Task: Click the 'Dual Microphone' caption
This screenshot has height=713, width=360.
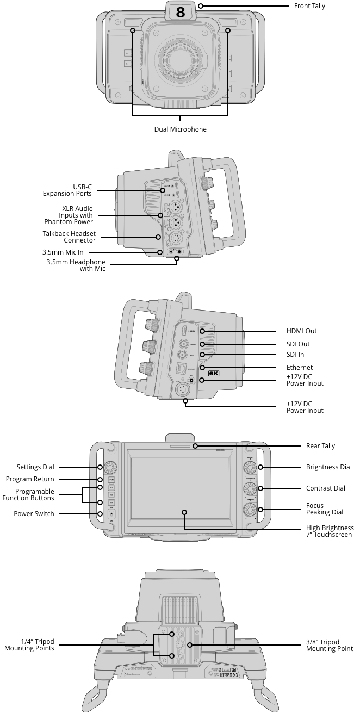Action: tap(181, 129)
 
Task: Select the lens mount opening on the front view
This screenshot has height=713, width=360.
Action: tap(180, 59)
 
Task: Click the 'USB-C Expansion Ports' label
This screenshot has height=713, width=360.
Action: tap(67, 190)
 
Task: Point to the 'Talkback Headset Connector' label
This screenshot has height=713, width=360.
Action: tap(69, 237)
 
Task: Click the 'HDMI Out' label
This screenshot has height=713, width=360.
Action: tap(301, 331)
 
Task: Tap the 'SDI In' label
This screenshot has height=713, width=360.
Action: tap(295, 355)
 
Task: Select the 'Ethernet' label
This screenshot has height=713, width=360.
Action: tap(300, 368)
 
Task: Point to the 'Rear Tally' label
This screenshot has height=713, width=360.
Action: tap(320, 446)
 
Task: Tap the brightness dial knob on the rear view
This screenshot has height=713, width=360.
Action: tap(250, 467)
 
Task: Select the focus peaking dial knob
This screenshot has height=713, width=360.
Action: tap(250, 510)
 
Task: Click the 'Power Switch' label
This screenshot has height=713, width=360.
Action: tap(34, 514)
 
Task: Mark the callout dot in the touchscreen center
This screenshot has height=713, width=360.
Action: tap(185, 512)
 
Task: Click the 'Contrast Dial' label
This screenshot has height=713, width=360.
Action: tap(325, 488)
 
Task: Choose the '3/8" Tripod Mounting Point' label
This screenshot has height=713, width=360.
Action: tap(329, 646)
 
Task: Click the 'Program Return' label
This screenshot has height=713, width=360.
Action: tap(30, 479)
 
